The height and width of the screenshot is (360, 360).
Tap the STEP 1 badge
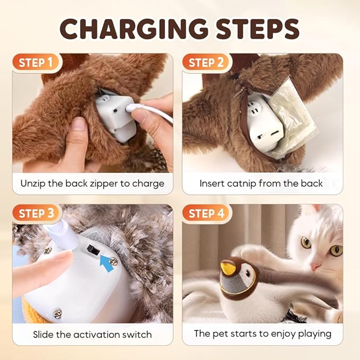pyautogui.click(x=36, y=63)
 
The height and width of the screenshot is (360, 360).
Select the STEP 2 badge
pyautogui.click(x=206, y=63)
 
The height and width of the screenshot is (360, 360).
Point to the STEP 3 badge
pyautogui.click(x=36, y=214)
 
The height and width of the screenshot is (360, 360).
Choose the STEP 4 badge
pyautogui.click(x=206, y=214)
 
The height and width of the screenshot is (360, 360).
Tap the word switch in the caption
pyautogui.click(x=136, y=335)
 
